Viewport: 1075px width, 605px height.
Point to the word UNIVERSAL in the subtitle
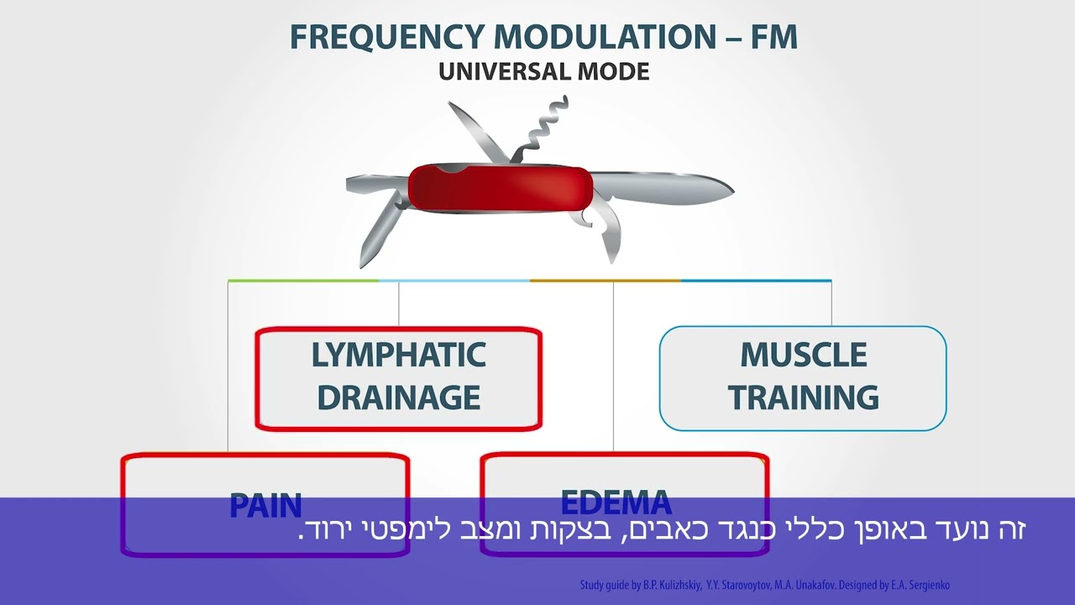(x=505, y=71)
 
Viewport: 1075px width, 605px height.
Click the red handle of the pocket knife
(x=499, y=187)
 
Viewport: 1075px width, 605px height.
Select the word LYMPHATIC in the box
(x=398, y=355)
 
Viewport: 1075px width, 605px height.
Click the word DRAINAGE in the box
(x=398, y=397)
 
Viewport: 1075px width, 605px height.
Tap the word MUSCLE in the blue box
(x=803, y=355)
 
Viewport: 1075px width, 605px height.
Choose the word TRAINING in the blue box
(x=803, y=397)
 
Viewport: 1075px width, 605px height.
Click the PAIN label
(x=265, y=505)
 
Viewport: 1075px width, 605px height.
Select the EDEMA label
(x=616, y=502)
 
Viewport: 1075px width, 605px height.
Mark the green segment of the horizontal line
(x=302, y=281)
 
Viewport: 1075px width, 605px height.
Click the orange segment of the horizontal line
(x=605, y=281)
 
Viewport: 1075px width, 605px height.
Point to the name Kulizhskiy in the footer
(x=674, y=585)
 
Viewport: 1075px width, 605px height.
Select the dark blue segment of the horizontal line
(x=756, y=281)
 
